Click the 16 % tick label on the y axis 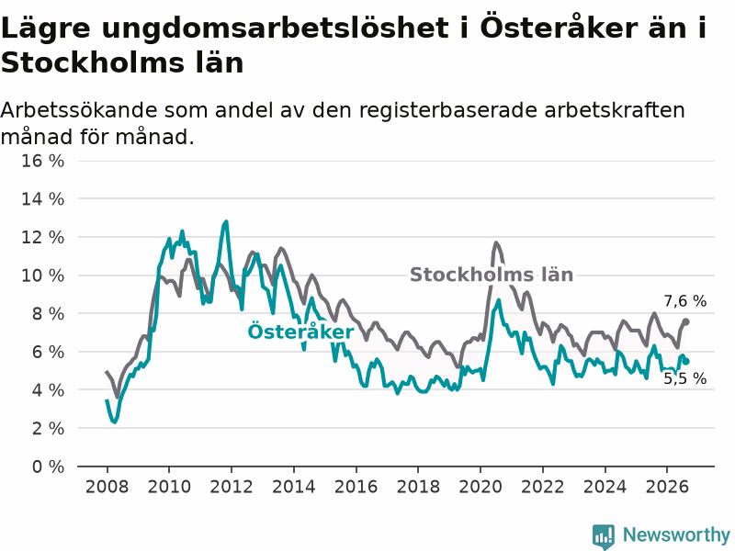pos(42,162)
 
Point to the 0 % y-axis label pos(48,467)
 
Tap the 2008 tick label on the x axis pos(107,487)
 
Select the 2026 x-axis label pos(667,487)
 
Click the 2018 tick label pos(418,487)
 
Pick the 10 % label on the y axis pos(42,275)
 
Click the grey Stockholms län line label pos(492,275)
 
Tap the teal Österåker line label pos(301,332)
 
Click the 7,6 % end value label pos(684,301)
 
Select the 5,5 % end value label pos(684,378)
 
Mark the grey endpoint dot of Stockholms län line pos(685,321)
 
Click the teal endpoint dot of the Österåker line pos(686,361)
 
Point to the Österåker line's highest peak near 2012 pos(226,221)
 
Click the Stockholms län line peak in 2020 pos(496,242)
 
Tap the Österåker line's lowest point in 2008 pos(114,422)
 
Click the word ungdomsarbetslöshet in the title pos(274,29)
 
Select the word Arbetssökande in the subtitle pos(79,110)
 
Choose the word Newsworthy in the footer pos(676,534)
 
